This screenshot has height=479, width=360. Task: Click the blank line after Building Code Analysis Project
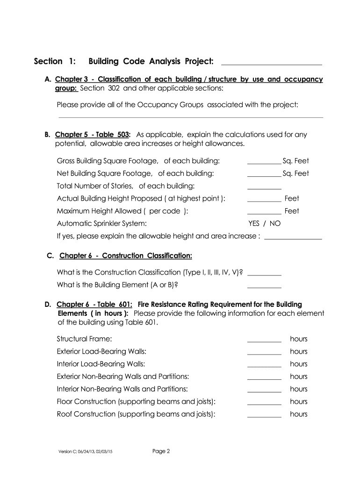coord(271,63)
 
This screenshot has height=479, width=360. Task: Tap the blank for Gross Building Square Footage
coord(264,163)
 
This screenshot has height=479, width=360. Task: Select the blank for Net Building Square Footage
coord(264,176)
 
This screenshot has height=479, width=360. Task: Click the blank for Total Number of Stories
coord(264,188)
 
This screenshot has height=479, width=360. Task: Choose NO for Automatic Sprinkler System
coord(275,224)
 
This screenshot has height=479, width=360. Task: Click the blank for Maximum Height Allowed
coord(264,213)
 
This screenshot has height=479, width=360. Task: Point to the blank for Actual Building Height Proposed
coord(264,201)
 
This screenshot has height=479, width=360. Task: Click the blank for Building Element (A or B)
coord(264,287)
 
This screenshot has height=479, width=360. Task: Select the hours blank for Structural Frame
coord(264,341)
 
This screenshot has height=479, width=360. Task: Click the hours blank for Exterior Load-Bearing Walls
coord(264,354)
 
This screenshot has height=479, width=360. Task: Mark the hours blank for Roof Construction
coord(264,416)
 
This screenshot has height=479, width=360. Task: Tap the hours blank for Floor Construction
coord(264,404)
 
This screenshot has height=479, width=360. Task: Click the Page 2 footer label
coord(161,451)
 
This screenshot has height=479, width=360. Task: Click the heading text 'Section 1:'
coord(54,61)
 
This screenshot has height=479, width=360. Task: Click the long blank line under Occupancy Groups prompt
coord(190,116)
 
